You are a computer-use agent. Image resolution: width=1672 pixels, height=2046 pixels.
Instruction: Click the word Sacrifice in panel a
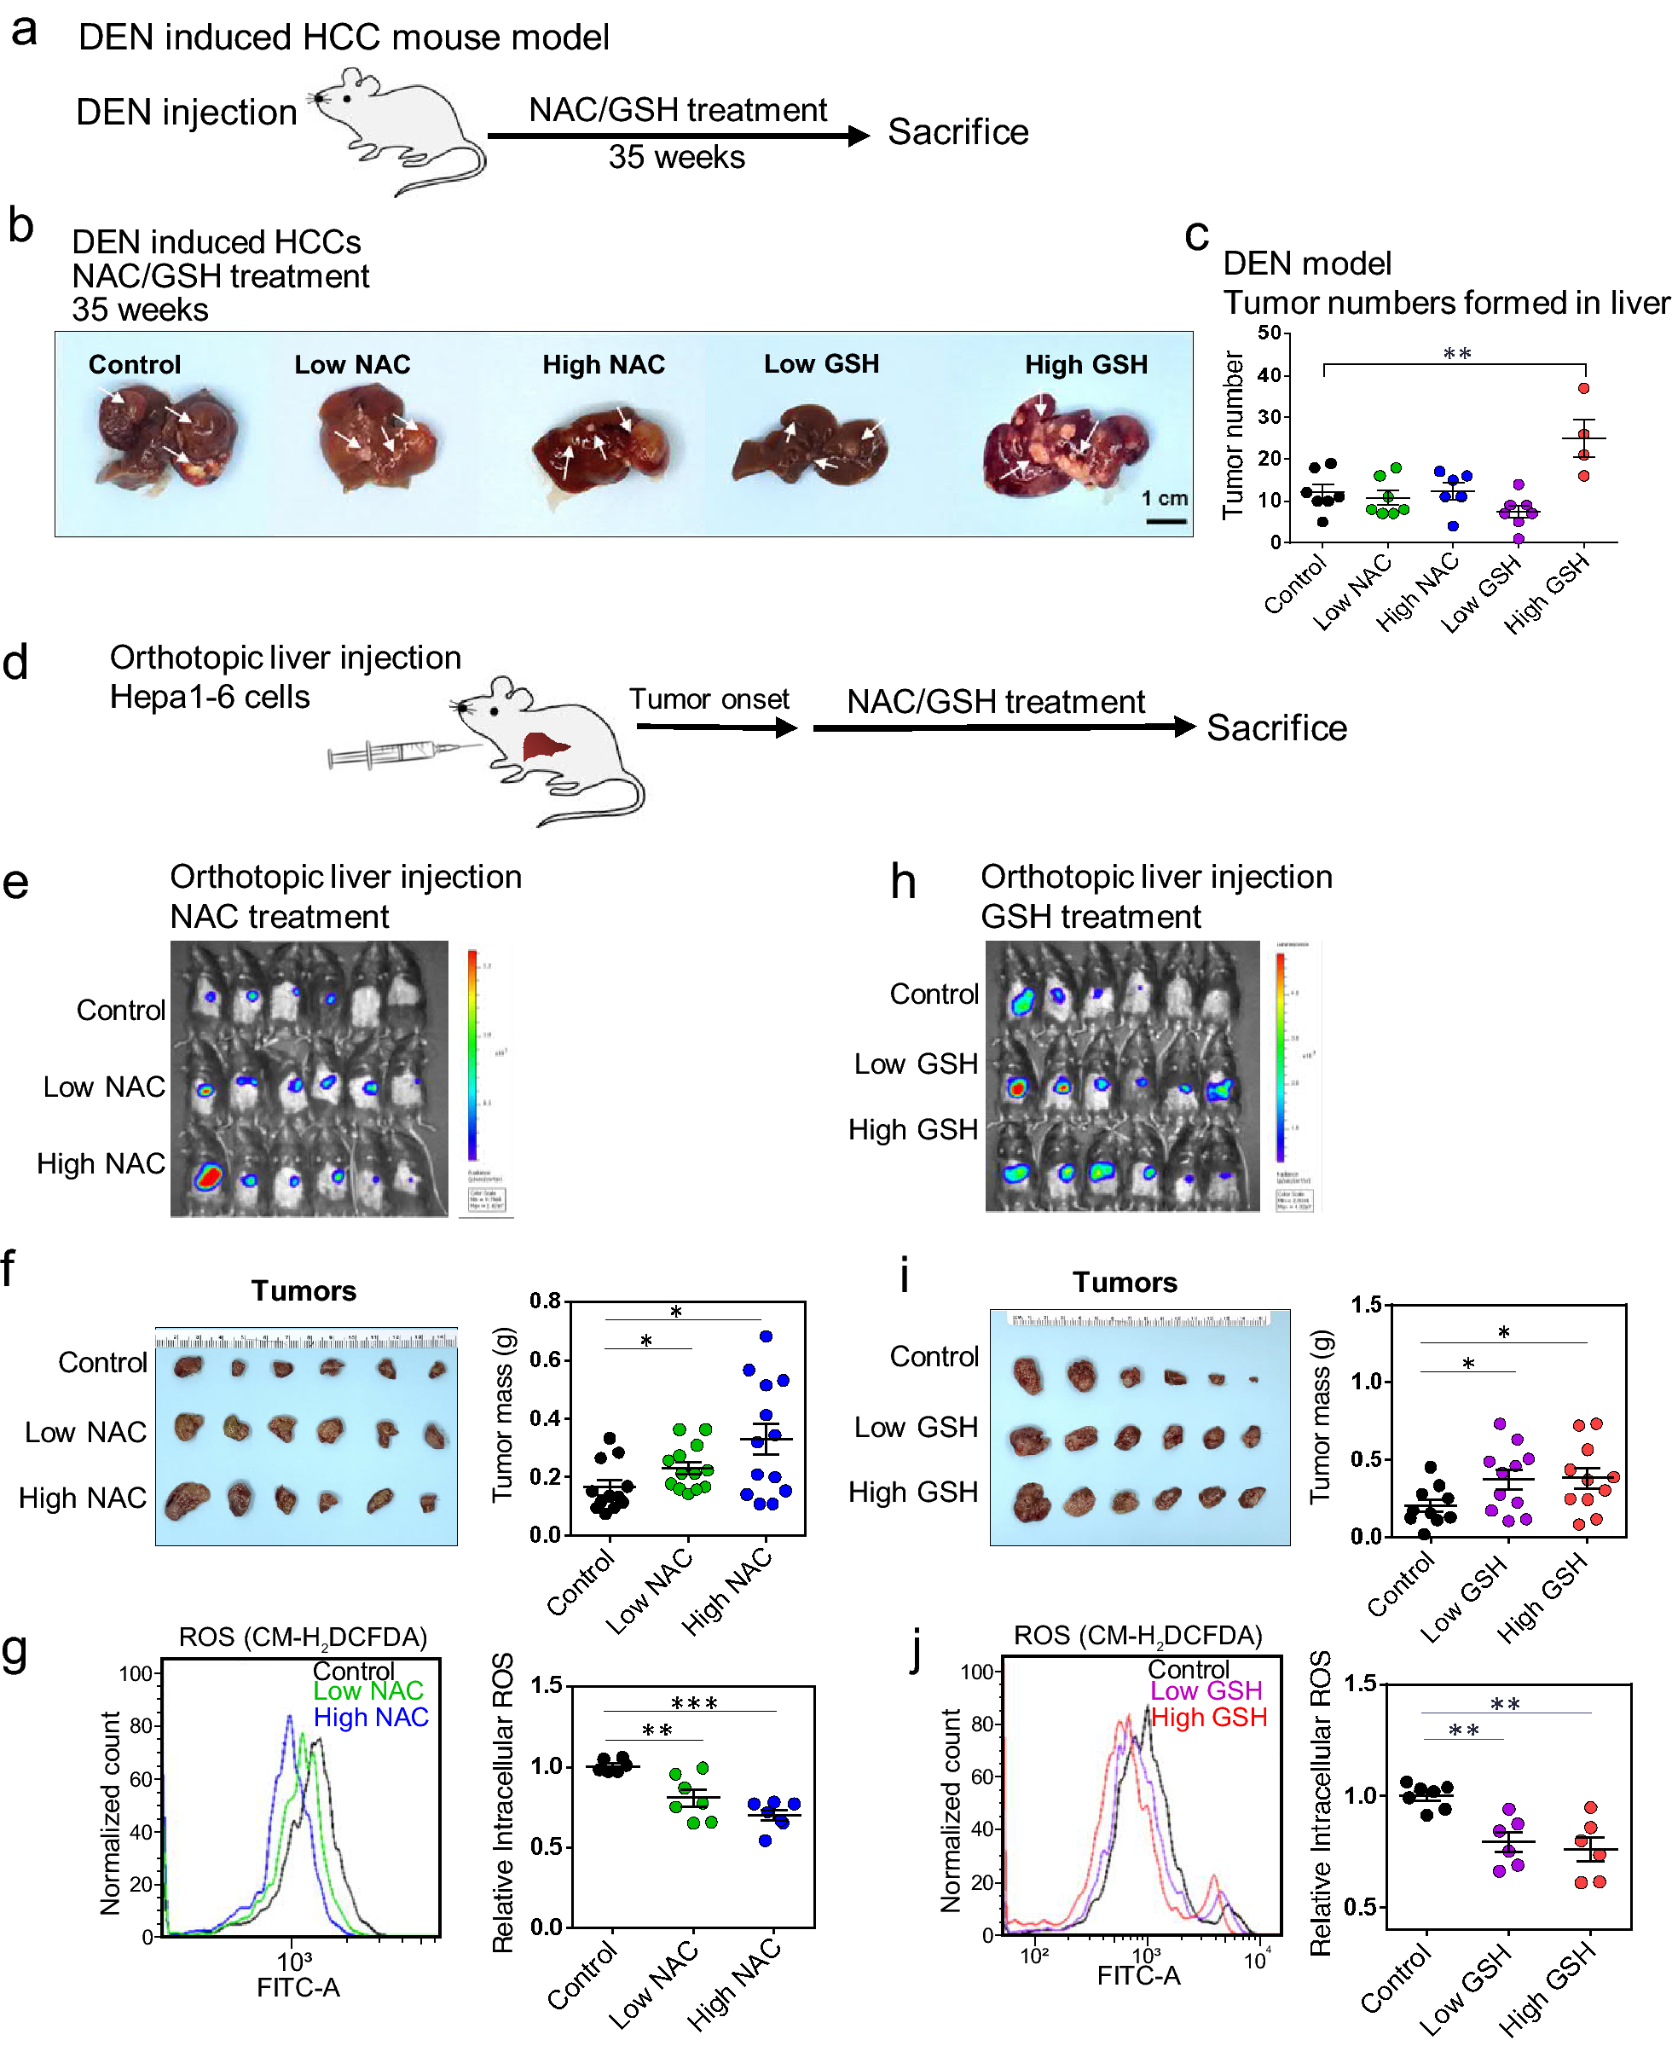pos(957,132)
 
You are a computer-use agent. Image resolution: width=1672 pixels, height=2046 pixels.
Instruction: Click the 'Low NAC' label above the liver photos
pos(352,365)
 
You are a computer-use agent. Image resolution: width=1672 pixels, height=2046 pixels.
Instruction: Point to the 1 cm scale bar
pos(1166,521)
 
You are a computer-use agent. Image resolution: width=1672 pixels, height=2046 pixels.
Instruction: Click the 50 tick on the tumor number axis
pos(1270,333)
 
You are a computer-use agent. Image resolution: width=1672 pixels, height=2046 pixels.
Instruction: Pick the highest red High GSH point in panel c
pos(1584,389)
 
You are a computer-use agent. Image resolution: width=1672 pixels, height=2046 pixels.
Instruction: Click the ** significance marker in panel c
pos(1456,355)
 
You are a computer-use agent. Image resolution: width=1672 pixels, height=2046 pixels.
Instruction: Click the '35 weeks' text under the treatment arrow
pos(676,157)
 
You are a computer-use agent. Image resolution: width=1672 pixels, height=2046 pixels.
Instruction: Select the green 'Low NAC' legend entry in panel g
pos(368,1690)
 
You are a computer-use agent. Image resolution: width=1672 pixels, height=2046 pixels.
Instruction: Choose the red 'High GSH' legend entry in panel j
pos(1209,1717)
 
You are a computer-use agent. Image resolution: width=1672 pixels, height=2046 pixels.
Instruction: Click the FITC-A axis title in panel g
pos(298,1987)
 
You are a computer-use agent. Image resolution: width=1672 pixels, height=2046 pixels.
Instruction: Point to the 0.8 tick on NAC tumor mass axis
pos(545,1301)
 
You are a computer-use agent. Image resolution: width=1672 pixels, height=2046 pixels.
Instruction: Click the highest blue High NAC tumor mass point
pos(767,1337)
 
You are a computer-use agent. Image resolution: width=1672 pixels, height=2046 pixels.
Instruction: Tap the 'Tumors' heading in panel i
pos(1125,1282)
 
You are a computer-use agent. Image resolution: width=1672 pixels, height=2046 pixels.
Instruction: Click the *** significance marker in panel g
pos(693,1703)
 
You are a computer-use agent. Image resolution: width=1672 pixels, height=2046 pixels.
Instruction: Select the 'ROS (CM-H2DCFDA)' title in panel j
pos(1137,1636)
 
